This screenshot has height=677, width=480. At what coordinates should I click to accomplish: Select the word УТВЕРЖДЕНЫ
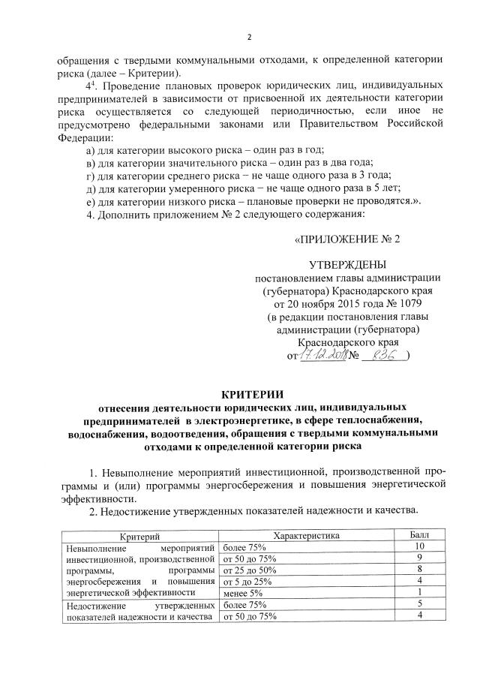point(348,264)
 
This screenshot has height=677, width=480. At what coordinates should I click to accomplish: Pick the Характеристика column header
point(306,536)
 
